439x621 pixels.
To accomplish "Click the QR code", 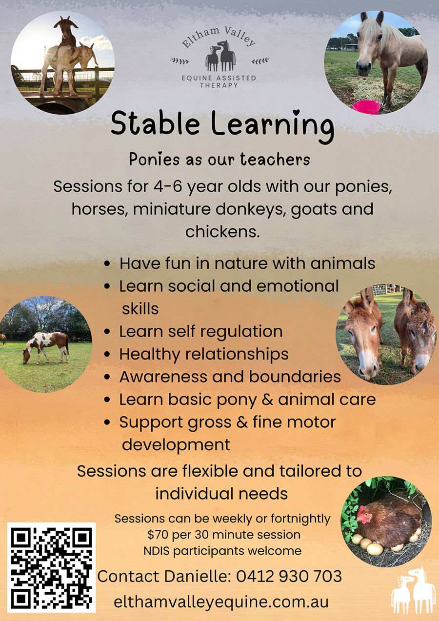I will pyautogui.click(x=51, y=567).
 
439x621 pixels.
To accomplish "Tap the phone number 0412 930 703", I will pyautogui.click(x=289, y=576).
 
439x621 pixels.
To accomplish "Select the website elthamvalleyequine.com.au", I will pyautogui.click(x=221, y=601).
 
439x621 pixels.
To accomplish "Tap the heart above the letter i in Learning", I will pyautogui.click(x=296, y=113).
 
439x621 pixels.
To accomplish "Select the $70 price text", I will pyautogui.click(x=156, y=535).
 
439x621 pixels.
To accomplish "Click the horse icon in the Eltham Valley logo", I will pyautogui.click(x=220, y=56).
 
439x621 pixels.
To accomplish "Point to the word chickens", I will pyautogui.click(x=221, y=232).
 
